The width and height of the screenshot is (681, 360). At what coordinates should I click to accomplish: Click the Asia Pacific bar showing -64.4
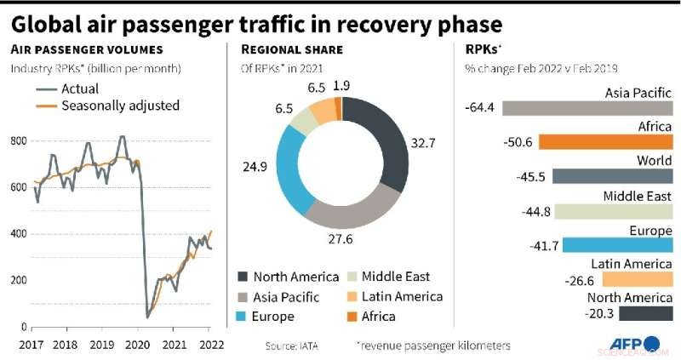[x=587, y=108]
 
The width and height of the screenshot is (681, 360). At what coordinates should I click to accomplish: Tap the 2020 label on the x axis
[x=137, y=345]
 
